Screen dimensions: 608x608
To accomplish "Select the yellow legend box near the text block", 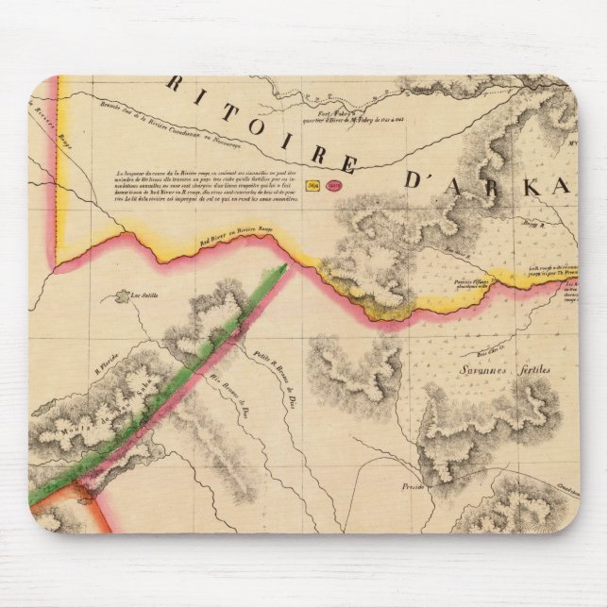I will (314, 186).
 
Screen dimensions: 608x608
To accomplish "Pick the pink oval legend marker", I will (332, 187).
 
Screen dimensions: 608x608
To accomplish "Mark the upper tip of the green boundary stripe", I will (281, 269).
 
